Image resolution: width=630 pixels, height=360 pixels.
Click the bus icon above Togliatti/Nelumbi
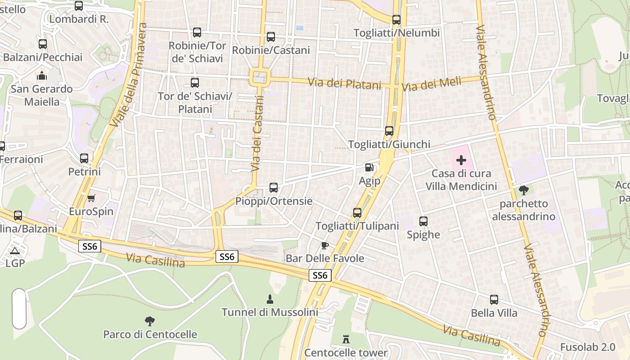(x=396, y=20)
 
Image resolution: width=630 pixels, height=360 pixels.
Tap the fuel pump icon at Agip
(x=369, y=167)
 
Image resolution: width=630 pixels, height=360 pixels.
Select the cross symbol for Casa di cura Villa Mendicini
(x=461, y=160)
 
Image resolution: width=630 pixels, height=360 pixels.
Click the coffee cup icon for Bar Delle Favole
(x=324, y=245)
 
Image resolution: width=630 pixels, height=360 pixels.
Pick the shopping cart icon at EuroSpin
(x=91, y=198)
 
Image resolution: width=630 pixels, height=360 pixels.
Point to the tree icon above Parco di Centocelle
(x=150, y=321)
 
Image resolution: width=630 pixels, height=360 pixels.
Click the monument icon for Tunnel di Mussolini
(x=270, y=299)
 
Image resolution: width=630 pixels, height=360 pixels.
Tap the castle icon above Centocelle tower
(x=346, y=339)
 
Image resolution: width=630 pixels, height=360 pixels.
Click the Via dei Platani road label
(x=345, y=83)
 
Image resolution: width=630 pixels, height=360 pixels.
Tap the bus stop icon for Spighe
(x=423, y=221)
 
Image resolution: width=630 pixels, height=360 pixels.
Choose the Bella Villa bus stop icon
(x=494, y=300)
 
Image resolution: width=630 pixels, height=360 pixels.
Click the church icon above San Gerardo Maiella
(x=42, y=76)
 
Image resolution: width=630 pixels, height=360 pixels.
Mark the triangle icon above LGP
(x=14, y=251)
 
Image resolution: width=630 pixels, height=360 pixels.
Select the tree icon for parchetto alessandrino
(x=523, y=191)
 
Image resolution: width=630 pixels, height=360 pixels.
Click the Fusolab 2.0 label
(x=587, y=347)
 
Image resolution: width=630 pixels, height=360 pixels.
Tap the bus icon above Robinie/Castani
(x=270, y=37)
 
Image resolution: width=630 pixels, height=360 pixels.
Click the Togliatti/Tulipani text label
(x=357, y=226)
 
